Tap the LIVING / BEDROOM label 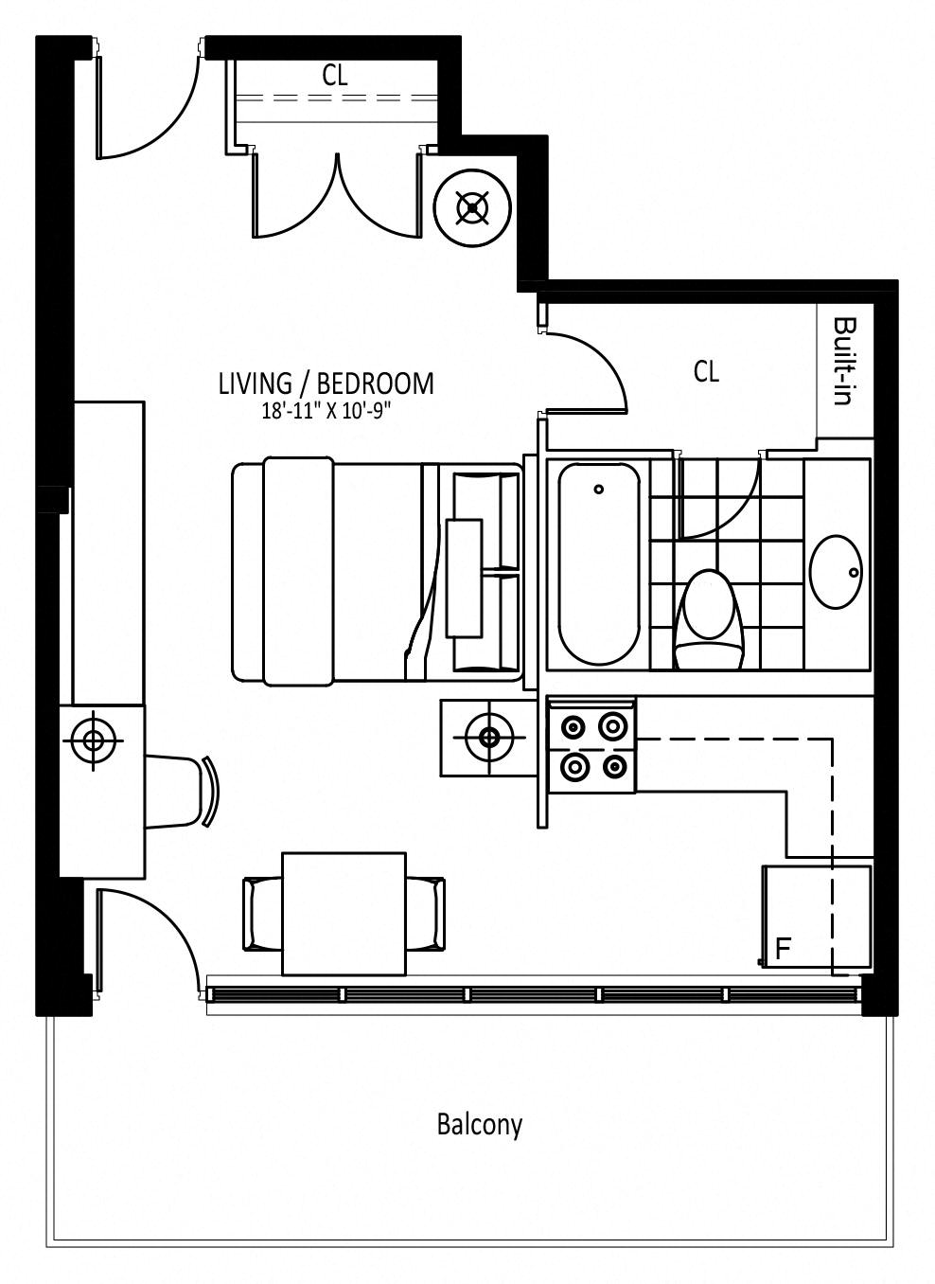(326, 383)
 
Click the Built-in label (845, 362)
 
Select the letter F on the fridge (783, 949)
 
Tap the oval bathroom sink (837, 572)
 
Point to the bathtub (599, 564)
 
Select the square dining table (344, 914)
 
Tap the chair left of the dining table (262, 914)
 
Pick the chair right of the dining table (426, 914)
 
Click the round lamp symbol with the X (472, 208)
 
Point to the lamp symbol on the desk (93, 740)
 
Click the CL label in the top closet (335, 75)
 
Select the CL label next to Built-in (706, 371)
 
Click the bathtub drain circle (599, 489)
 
